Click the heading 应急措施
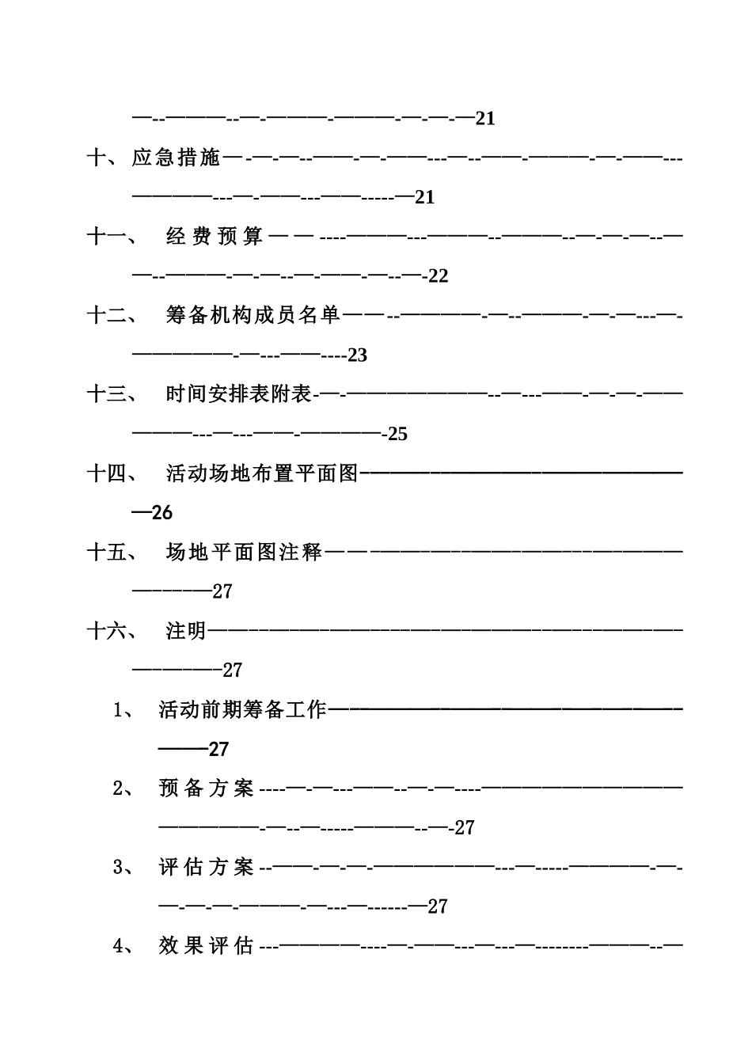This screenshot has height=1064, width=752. click(176, 158)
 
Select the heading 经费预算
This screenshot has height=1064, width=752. click(215, 237)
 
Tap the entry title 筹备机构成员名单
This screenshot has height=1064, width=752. click(253, 315)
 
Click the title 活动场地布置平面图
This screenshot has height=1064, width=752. click(262, 473)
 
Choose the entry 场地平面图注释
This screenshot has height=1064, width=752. click(244, 552)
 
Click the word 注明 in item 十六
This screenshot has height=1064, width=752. click(186, 631)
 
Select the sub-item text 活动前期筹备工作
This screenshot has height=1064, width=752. click(242, 709)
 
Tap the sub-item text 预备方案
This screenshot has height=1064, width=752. click(206, 788)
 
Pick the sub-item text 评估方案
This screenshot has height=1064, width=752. click(206, 867)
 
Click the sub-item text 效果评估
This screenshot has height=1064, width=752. click(206, 945)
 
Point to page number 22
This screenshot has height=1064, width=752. click(438, 276)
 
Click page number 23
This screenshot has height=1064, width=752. click(358, 355)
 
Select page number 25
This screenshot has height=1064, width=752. click(397, 434)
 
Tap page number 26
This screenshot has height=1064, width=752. click(162, 513)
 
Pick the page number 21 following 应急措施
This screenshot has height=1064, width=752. click(425, 198)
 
